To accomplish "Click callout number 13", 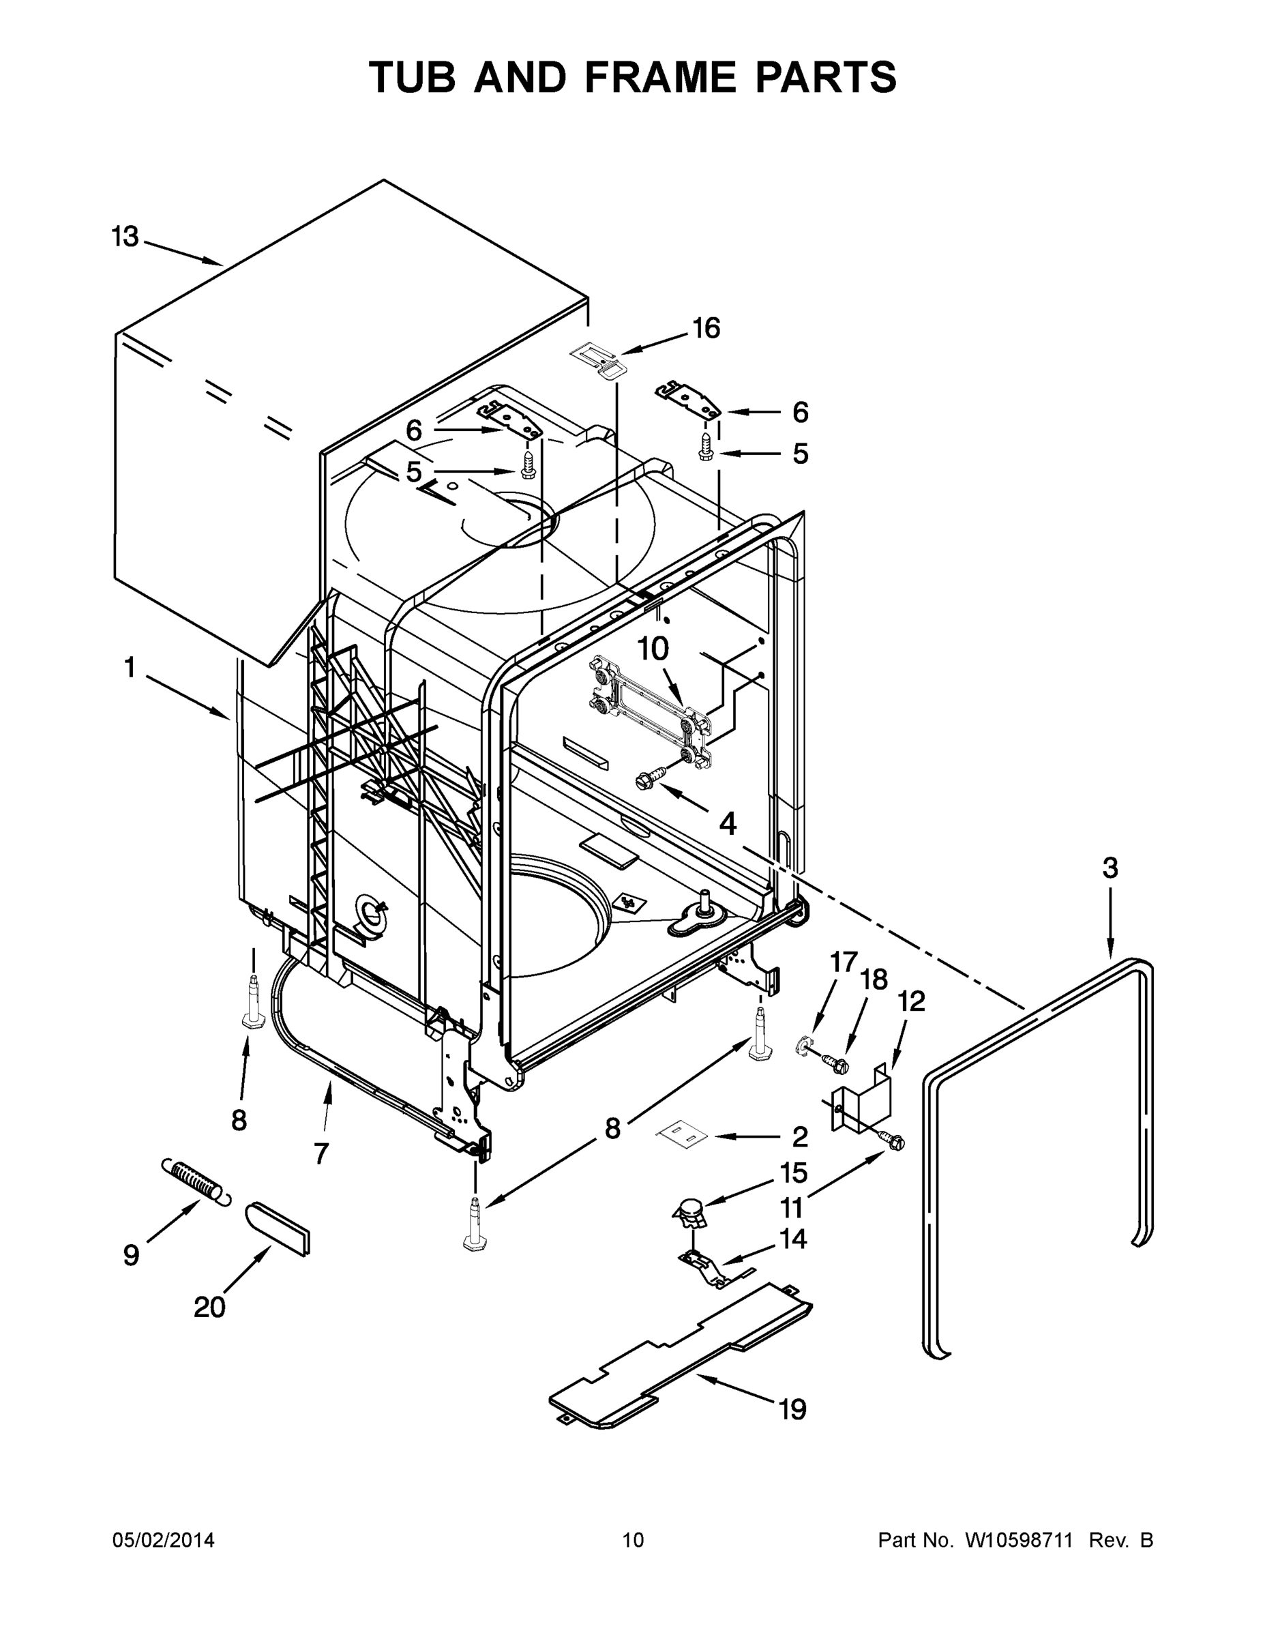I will [x=125, y=237].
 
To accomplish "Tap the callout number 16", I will [x=705, y=328].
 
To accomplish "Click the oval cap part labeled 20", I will [x=278, y=1228].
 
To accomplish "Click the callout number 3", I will [x=1110, y=868].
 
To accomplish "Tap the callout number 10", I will [x=653, y=649].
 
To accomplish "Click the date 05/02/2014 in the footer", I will [x=164, y=1540].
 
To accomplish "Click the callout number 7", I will [x=321, y=1153].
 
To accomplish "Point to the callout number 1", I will [x=130, y=667].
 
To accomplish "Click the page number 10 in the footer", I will [x=634, y=1540].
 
